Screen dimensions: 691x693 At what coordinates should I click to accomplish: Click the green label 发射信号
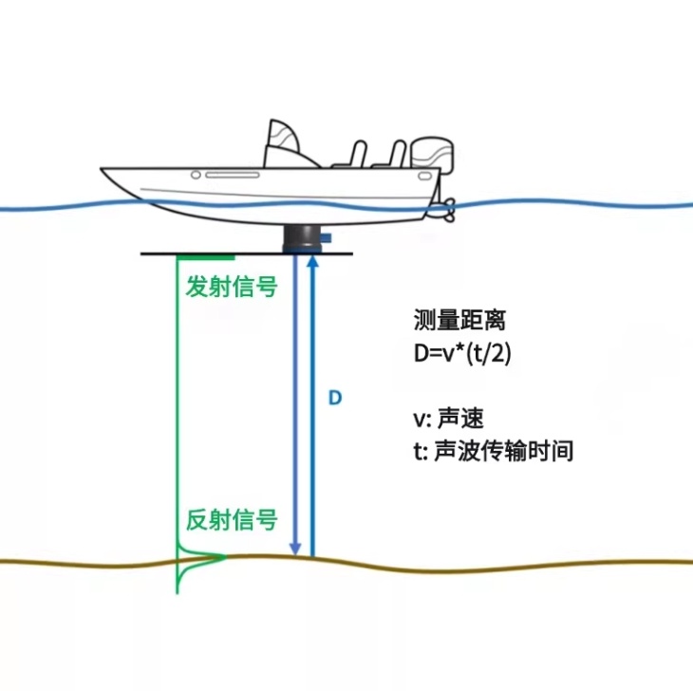point(232,286)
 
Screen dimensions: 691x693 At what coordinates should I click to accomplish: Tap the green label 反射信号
point(232,520)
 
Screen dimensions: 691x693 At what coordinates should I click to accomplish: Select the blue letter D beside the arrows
point(334,398)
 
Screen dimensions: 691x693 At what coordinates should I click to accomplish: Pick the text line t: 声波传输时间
point(493,451)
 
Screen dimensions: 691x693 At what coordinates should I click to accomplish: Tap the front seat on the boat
point(353,156)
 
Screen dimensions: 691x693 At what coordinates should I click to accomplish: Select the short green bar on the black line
point(206,254)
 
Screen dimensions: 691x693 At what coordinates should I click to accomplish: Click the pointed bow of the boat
point(105,172)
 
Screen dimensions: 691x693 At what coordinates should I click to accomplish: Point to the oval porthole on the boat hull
point(196,175)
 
